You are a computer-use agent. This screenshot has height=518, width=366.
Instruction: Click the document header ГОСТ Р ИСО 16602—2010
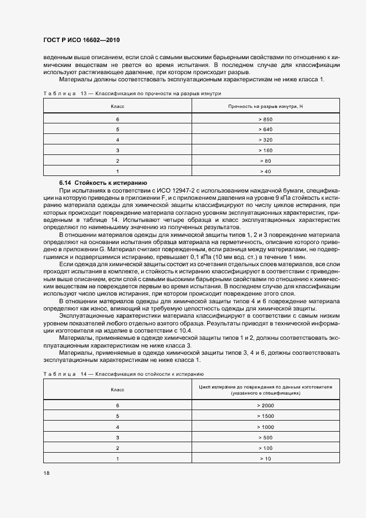coord(81,40)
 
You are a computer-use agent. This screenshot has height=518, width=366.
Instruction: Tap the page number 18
coord(47,473)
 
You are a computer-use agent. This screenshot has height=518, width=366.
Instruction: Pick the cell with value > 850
coord(265,120)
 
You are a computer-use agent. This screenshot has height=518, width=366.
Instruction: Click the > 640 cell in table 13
coord(265,129)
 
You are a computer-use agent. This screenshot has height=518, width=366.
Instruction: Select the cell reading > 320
coord(265,140)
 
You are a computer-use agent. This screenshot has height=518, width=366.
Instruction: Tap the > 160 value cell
coord(265,150)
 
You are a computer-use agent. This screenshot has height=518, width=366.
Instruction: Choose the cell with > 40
coord(265,171)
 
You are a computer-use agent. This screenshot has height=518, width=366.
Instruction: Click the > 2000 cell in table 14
coord(265,406)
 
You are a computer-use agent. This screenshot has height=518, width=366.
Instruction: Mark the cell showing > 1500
coord(265,416)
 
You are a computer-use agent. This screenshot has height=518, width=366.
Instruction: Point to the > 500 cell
coord(265,437)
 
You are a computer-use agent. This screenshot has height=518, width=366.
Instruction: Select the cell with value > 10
coord(265,458)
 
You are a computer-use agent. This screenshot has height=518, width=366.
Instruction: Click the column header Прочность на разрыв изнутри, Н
coord(265,106)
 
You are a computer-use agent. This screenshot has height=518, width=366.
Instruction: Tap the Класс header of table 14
coord(117,390)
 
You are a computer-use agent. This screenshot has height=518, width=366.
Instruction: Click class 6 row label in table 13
coord(117,120)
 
